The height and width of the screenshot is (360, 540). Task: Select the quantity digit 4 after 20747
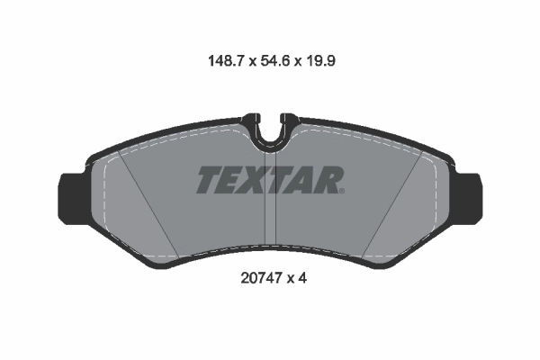(304, 279)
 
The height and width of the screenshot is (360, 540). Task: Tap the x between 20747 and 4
(291, 280)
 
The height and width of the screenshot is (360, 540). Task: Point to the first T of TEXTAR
(208, 180)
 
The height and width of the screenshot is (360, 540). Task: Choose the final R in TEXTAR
(326, 180)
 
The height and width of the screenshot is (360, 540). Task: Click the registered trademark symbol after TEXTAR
(341, 191)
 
